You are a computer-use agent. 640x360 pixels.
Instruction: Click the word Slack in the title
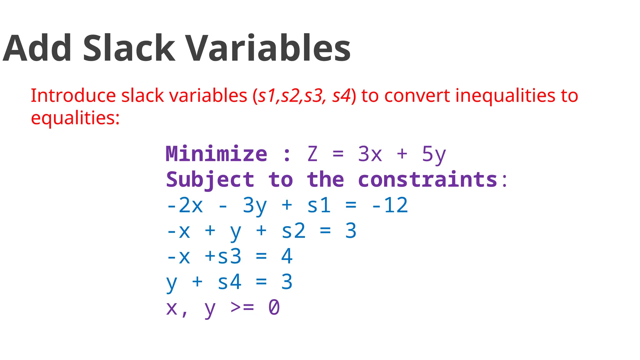(129, 48)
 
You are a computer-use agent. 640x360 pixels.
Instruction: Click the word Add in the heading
(37, 48)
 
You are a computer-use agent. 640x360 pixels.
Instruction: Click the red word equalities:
(75, 118)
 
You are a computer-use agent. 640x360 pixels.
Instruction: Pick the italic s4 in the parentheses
(342, 96)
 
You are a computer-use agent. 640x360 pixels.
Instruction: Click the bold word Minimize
(216, 154)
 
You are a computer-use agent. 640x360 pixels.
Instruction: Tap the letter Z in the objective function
(312, 154)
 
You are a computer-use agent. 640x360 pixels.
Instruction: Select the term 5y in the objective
(434, 154)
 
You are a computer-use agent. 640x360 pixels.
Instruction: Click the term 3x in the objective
(370, 154)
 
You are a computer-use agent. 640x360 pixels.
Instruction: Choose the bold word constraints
(427, 180)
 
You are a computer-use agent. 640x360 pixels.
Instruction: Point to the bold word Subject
(210, 180)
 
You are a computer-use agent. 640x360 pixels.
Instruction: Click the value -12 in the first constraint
(390, 205)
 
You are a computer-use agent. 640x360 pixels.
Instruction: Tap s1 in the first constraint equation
(319, 205)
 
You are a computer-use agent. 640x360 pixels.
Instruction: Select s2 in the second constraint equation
(293, 231)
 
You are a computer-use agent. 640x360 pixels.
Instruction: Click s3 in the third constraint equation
(229, 257)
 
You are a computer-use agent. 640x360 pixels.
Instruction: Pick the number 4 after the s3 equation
(287, 257)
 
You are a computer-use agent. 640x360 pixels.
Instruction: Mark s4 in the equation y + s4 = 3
(229, 282)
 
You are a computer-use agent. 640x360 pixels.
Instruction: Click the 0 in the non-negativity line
(274, 307)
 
